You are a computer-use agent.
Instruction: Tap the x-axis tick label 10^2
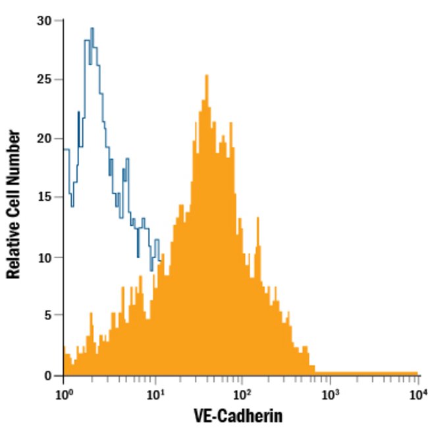(242, 394)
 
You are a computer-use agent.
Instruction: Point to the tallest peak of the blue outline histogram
(92, 29)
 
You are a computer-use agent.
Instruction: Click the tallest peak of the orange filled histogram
(206, 76)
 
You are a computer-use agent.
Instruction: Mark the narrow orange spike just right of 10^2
(258, 218)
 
